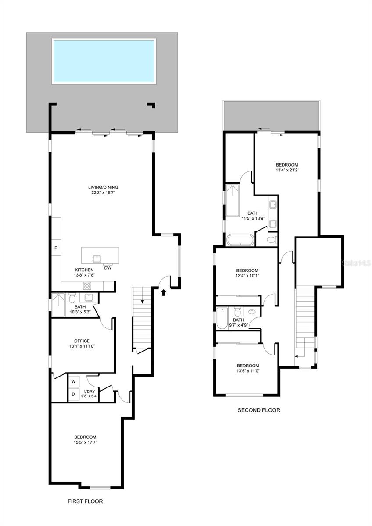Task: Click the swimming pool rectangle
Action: [x=104, y=61]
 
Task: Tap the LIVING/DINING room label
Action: [x=102, y=187]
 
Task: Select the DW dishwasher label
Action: [x=107, y=267]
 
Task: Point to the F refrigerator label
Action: [x=55, y=248]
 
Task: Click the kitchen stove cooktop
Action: [x=87, y=286]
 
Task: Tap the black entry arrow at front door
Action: [x=164, y=292]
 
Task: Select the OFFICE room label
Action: [x=82, y=341]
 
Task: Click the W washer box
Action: [x=73, y=380]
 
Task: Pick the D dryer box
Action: [x=73, y=394]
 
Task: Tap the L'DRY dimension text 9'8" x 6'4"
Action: [x=91, y=396]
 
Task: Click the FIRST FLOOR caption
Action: [x=85, y=501]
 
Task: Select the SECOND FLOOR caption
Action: [x=259, y=410]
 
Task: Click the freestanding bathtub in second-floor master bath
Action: [x=240, y=240]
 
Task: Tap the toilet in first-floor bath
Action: [x=72, y=298]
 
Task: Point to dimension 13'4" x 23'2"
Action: [x=287, y=170]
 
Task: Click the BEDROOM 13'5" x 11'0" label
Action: [x=247, y=368]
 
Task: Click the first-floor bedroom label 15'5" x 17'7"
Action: [x=85, y=440]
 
